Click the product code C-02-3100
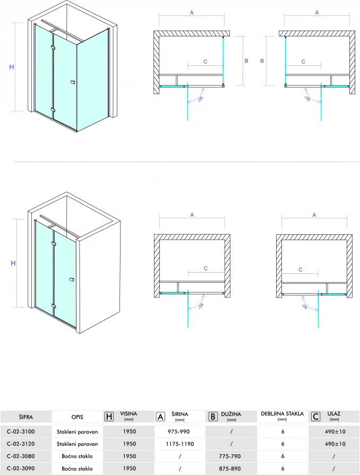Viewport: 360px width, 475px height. [21, 431]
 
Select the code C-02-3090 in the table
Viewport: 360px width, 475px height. [21, 468]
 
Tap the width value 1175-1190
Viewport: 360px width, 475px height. [180, 444]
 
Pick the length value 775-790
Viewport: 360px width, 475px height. [230, 456]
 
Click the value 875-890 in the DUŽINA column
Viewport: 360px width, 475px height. [230, 468]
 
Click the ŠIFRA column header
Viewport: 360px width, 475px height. [25, 417]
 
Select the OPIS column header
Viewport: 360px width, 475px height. [77, 417]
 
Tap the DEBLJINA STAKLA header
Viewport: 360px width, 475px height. [282, 414]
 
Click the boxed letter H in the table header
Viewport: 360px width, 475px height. [109, 417]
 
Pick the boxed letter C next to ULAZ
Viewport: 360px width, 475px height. [316, 417]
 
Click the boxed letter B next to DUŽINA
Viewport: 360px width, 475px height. [213, 417]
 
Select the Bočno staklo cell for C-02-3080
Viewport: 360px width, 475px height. [77, 456]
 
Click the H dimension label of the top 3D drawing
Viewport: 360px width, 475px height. [12, 67]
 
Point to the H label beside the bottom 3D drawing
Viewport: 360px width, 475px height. [13, 263]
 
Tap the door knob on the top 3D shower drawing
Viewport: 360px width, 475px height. [72, 82]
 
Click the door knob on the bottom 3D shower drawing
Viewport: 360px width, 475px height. [72, 279]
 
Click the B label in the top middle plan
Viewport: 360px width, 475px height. [246, 61]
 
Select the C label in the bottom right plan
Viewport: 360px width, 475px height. [301, 269]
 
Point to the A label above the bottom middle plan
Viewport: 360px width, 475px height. [192, 215]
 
